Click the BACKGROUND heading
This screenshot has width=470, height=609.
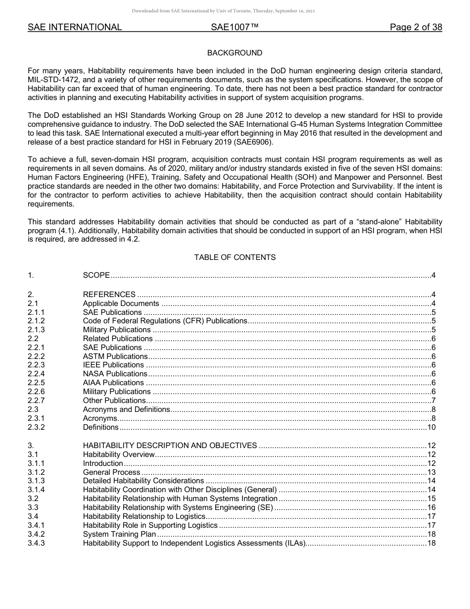(x=235, y=53)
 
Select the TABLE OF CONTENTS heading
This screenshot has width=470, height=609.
(x=235, y=257)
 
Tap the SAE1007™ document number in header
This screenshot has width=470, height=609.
(x=235, y=28)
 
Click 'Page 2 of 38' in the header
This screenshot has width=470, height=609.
(x=416, y=28)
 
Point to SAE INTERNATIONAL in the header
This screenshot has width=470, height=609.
(x=75, y=28)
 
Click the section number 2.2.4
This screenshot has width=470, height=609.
(x=36, y=374)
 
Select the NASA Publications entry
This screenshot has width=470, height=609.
(x=115, y=374)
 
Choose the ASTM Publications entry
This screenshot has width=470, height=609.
(x=115, y=356)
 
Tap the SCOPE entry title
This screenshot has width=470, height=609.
(x=96, y=276)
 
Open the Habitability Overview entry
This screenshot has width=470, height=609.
(x=119, y=455)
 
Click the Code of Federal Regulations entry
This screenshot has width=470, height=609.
(x=164, y=321)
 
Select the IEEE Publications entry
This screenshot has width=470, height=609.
(x=113, y=365)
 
